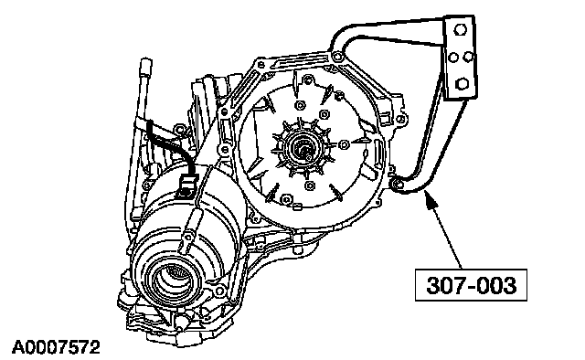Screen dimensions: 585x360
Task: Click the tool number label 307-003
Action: pyautogui.click(x=471, y=285)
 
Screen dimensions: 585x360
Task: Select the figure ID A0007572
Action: pyautogui.click(x=56, y=347)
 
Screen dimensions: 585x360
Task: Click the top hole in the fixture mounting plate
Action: pyautogui.click(x=461, y=29)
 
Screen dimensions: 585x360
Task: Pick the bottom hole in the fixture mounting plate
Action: pyautogui.click(x=463, y=83)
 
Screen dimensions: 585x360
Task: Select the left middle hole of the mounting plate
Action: pyautogui.click(x=453, y=58)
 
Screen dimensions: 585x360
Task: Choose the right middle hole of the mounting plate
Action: pyautogui.click(x=468, y=57)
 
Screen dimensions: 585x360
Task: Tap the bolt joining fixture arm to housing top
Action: pyautogui.click(x=337, y=57)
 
